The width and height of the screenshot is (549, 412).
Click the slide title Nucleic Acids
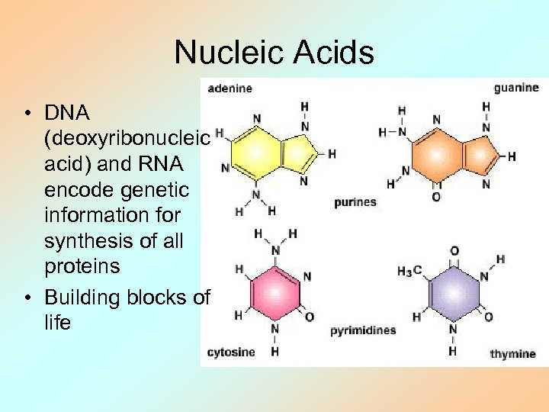pyautogui.click(x=274, y=53)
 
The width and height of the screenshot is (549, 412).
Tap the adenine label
pyautogui.click(x=230, y=88)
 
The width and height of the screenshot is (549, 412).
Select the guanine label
pyautogui.click(x=515, y=88)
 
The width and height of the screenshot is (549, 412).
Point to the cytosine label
pyautogui.click(x=231, y=352)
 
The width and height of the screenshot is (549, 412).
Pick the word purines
pyautogui.click(x=355, y=202)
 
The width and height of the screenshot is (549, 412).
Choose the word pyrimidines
pyautogui.click(x=363, y=331)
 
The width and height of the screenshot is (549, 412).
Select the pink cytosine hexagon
pyautogui.click(x=275, y=290)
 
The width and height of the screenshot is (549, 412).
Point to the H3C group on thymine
pyautogui.click(x=409, y=271)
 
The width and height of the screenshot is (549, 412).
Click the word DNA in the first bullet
pyautogui.click(x=67, y=113)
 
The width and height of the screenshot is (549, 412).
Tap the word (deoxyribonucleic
pyautogui.click(x=127, y=139)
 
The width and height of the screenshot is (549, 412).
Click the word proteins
pyautogui.click(x=82, y=266)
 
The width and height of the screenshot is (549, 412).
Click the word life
pyautogui.click(x=57, y=322)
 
